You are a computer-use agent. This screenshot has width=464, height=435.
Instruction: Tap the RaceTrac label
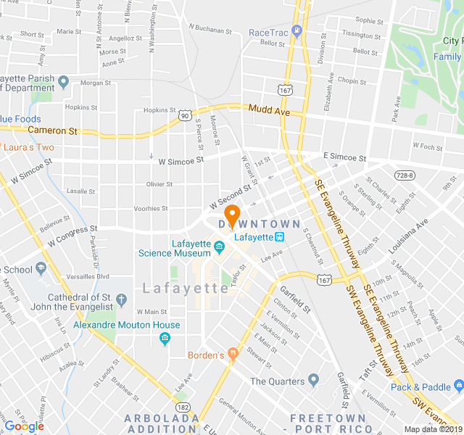[268, 32]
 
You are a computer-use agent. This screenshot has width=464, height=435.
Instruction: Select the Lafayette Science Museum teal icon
[219, 249]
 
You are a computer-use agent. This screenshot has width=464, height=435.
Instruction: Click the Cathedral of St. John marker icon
[121, 299]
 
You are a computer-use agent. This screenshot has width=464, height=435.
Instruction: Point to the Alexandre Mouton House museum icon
[165, 338]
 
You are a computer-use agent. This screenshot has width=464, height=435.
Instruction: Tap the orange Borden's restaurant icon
[232, 355]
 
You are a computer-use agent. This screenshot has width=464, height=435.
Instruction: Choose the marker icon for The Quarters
[313, 380]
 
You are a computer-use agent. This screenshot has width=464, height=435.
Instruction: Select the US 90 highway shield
[185, 115]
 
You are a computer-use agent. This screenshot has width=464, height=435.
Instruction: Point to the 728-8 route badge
[405, 175]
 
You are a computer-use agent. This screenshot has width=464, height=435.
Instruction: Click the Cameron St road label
[52, 130]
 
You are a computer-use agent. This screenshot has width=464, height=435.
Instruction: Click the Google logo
[24, 426]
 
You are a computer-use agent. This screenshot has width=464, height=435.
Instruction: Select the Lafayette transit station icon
[278, 236]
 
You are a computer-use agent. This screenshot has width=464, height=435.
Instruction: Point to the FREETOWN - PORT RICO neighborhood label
[331, 423]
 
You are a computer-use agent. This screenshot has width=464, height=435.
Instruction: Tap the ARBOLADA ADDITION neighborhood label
[162, 423]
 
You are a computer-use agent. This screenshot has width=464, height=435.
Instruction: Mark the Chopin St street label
[352, 81]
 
